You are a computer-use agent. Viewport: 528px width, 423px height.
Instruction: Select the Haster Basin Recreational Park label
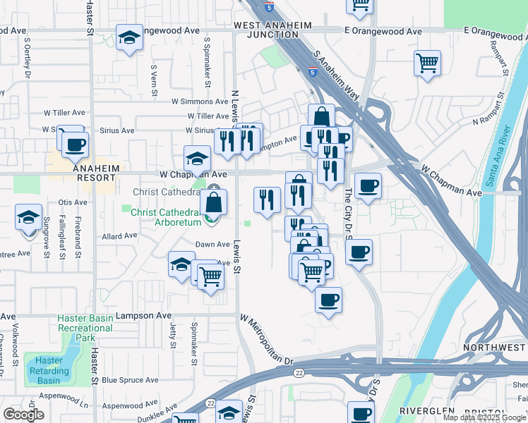pyautogui.click(x=85, y=329)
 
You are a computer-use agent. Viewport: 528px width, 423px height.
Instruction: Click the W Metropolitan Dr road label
pyautogui.click(x=265, y=341)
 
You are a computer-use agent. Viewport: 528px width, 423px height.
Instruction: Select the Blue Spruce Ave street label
pyautogui.click(x=133, y=380)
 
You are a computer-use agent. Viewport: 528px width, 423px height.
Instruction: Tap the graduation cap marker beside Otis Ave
pyautogui.click(x=28, y=217)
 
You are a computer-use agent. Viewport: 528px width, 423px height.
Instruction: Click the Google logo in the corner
pyautogui.click(x=23, y=415)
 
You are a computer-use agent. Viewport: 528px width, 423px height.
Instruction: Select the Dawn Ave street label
pyautogui.click(x=212, y=245)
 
